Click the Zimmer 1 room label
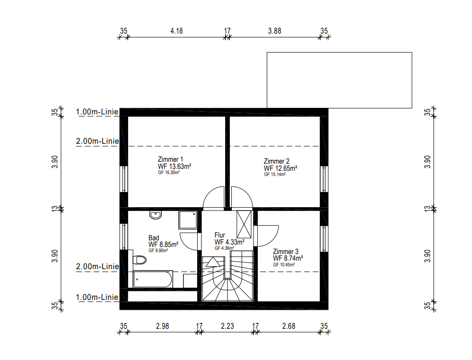tap(170, 159)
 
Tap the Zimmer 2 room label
tap(277, 161)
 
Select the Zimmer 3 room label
tap(286, 251)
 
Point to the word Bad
tap(154, 238)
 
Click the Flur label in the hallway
tap(220, 235)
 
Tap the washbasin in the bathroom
tap(155, 215)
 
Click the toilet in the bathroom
tap(140, 260)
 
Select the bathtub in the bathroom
tap(153, 279)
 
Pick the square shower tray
tap(188, 220)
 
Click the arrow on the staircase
tap(213, 262)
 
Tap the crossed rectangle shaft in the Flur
tap(244, 225)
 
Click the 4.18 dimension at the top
tap(176, 31)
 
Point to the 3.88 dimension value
tap(274, 31)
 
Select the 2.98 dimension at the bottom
tap(163, 326)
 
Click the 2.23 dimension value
tap(227, 326)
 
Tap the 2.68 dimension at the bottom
tap(288, 326)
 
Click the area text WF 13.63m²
tap(175, 167)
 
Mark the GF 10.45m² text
tap(284, 265)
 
